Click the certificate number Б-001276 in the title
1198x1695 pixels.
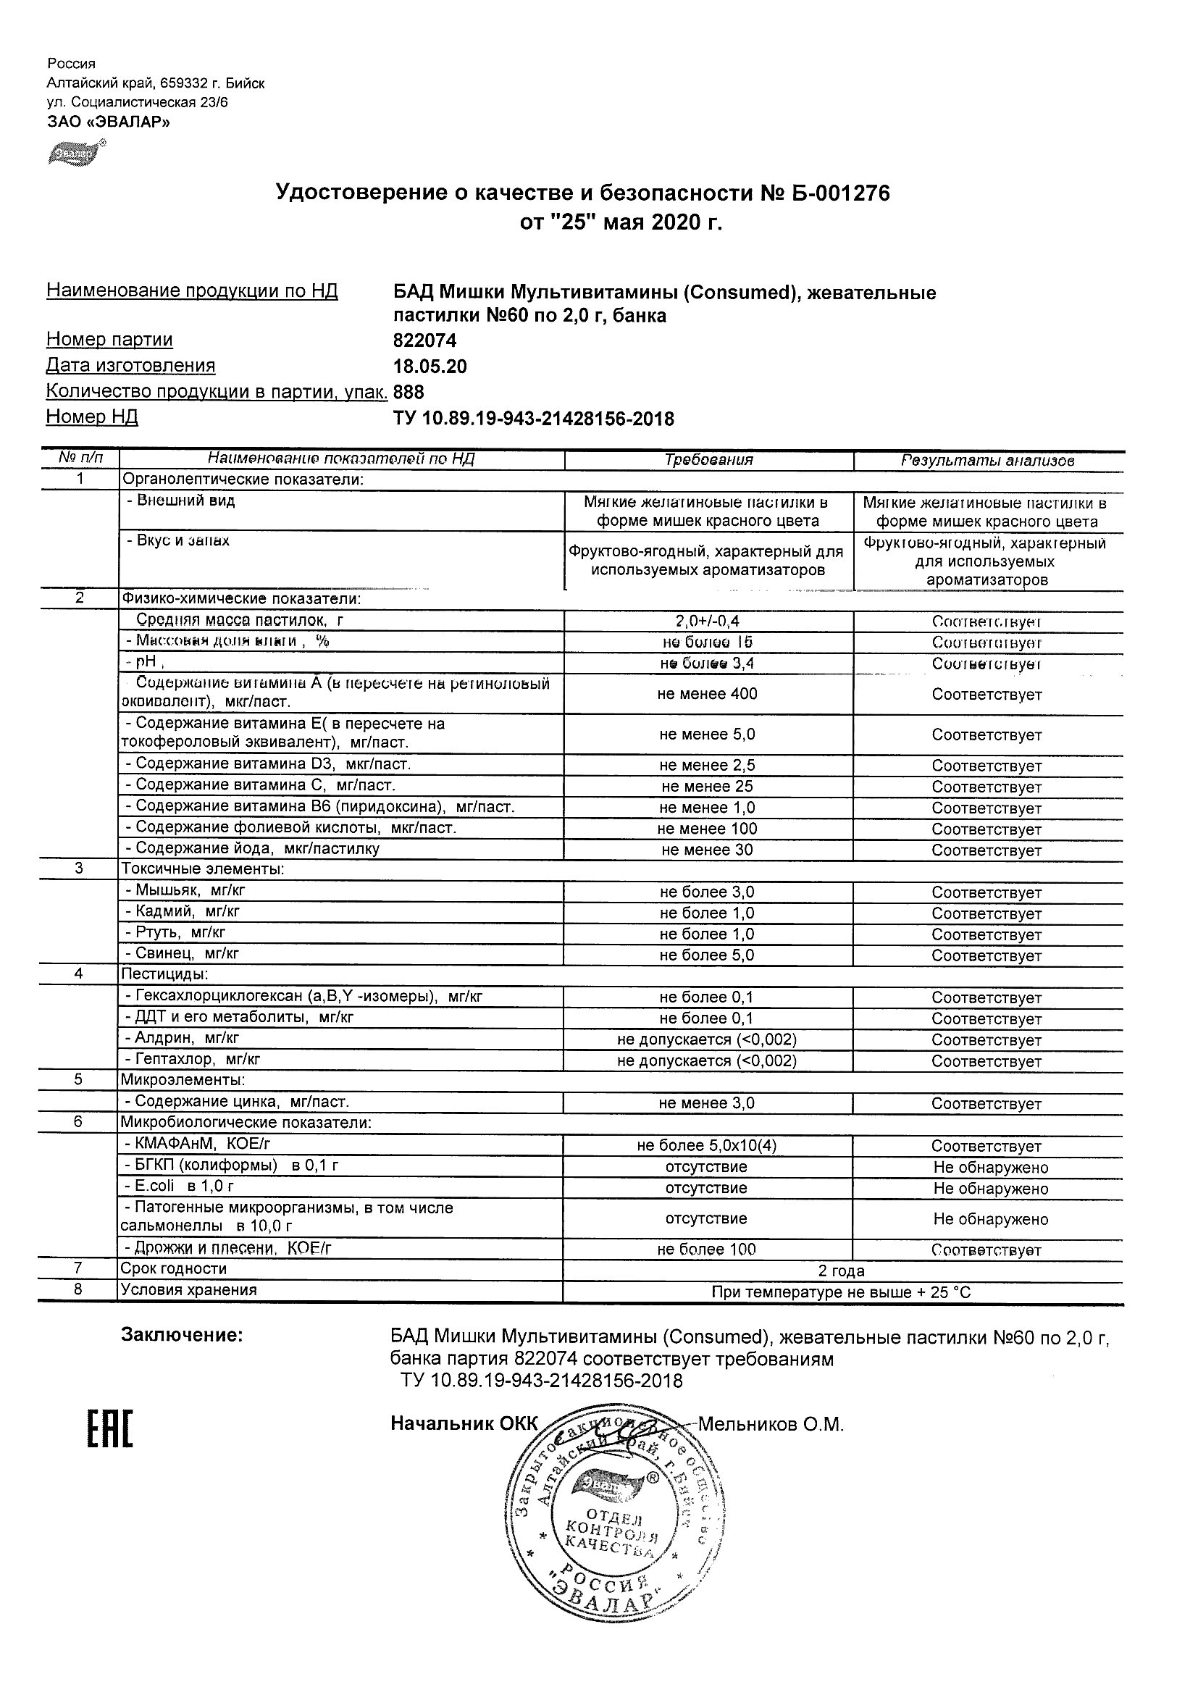pos(834,193)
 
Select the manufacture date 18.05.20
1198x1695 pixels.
pos(430,367)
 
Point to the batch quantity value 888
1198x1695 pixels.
pos(409,392)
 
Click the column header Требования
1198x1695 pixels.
pos(708,460)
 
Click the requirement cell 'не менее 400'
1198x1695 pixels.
pos(707,694)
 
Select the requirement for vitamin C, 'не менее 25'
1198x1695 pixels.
pos(707,787)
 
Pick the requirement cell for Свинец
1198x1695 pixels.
pos(707,955)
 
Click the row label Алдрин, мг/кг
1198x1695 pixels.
pos(186,1039)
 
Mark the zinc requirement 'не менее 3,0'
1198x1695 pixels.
pos(706,1104)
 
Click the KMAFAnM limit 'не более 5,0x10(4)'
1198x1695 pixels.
pos(706,1146)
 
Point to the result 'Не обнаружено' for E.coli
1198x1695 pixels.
pos(990,1189)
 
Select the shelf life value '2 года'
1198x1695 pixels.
pos(841,1271)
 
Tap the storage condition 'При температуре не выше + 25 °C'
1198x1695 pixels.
pos(841,1293)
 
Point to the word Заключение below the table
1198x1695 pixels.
pos(182,1335)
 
